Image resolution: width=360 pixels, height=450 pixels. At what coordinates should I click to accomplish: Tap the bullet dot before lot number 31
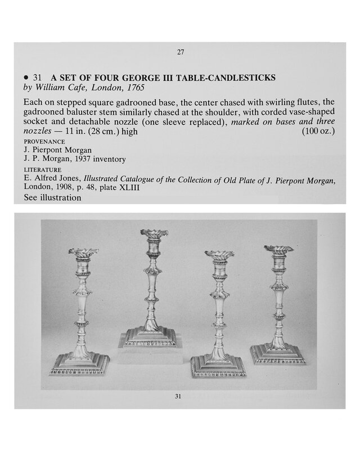pos(26,77)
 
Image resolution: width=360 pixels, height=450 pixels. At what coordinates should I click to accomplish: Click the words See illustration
pos(52,197)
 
